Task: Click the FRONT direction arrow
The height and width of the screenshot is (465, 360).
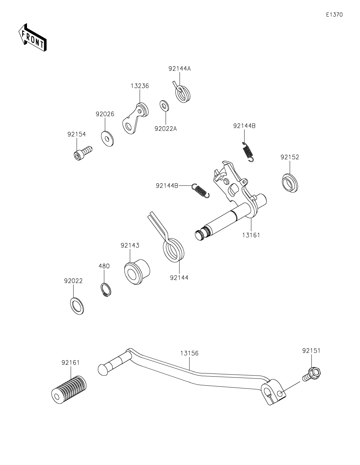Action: click(x=32, y=38)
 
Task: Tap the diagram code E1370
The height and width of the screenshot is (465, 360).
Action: click(x=334, y=15)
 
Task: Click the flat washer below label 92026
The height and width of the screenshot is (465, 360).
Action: click(x=107, y=138)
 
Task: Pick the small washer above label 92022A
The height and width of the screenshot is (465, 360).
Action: click(x=164, y=105)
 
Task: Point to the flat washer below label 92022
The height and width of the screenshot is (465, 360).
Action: click(x=77, y=306)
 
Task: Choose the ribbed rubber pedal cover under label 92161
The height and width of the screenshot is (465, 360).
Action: click(x=68, y=388)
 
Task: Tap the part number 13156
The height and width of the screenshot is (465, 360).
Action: click(x=189, y=353)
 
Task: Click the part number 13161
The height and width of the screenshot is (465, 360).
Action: click(x=251, y=235)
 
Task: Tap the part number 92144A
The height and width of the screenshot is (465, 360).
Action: click(x=179, y=69)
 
